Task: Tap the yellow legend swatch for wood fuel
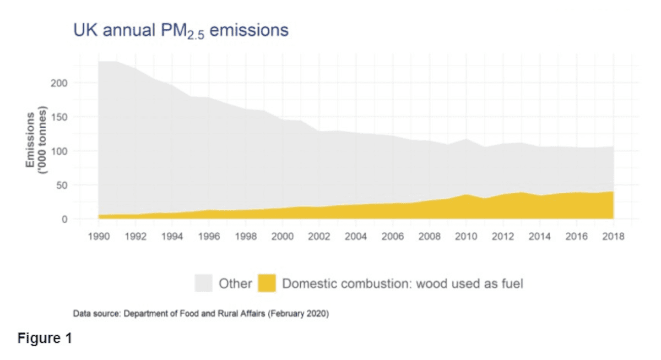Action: coord(267,283)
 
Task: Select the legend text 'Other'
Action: coord(235,284)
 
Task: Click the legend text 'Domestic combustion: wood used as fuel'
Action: coord(402,284)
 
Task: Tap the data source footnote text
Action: coord(201,314)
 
